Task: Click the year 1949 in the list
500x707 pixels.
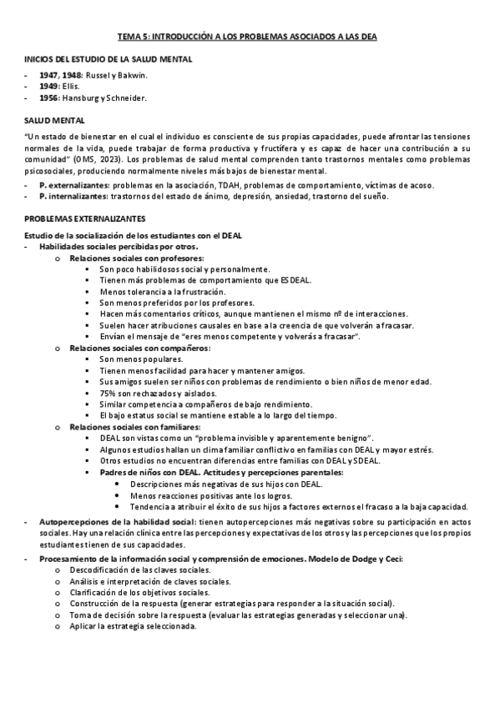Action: coord(49,86)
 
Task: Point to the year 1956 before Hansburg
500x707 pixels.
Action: coord(49,98)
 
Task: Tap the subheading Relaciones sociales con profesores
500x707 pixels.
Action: coord(137,258)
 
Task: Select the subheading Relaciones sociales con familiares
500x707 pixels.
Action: coord(138,426)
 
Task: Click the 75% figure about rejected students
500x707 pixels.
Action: coord(108,392)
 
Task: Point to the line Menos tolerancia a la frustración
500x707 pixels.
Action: coord(162,292)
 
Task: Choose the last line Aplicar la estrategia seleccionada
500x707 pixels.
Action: coord(134,625)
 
